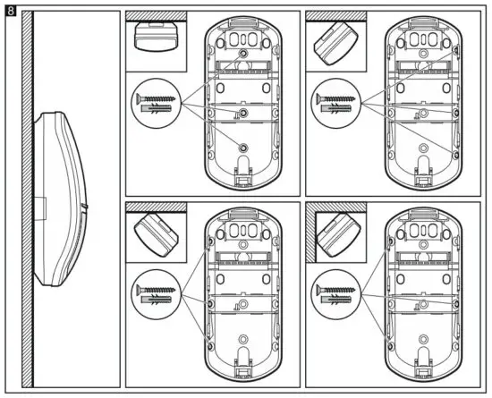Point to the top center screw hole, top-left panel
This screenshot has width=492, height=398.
pos(243,55)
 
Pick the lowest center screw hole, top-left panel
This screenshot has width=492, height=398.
pos(243,146)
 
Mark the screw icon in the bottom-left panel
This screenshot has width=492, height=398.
pos(154,287)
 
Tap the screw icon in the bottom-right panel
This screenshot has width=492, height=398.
pos(334,289)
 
